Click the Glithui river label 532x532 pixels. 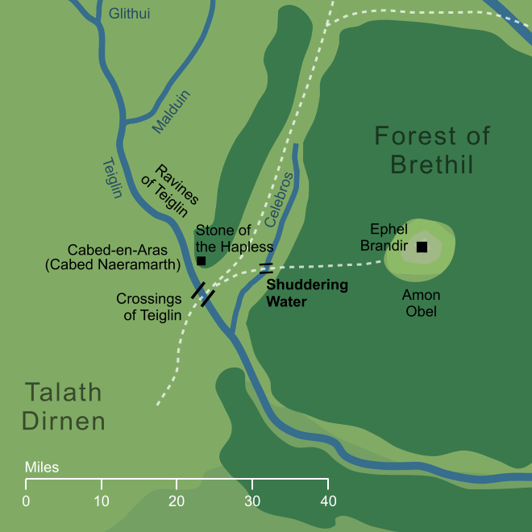pyautogui.click(x=130, y=14)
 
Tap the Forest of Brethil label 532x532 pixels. pyautogui.click(x=432, y=149)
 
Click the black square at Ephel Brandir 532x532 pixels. pyautogui.click(x=422, y=247)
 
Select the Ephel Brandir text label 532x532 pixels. pyautogui.click(x=390, y=238)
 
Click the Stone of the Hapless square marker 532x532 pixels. pyautogui.click(x=201, y=261)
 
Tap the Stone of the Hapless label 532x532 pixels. pyautogui.click(x=235, y=239)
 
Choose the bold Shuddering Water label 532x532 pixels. pyautogui.click(x=307, y=293)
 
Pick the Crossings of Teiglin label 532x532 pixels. pyautogui.click(x=149, y=306)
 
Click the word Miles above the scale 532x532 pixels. pyautogui.click(x=42, y=468)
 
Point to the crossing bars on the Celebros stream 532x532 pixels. pyautogui.click(x=265, y=268)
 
